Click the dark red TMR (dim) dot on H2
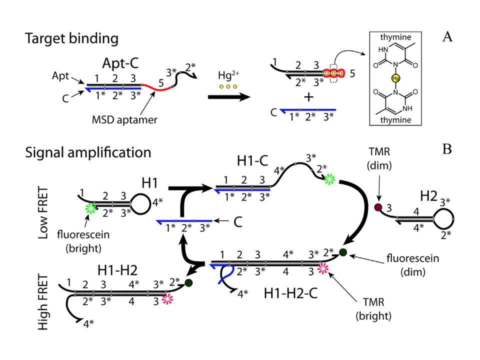pyautogui.click(x=378, y=207)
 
